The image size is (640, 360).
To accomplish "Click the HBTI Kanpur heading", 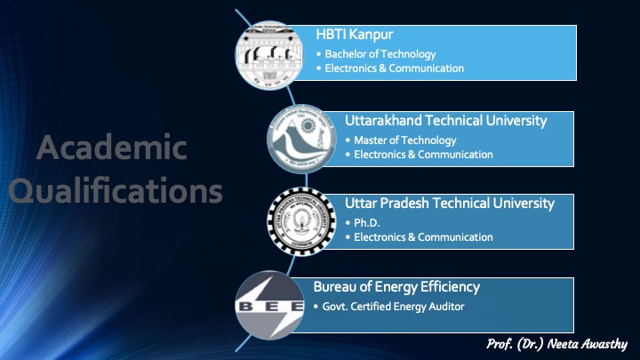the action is coord(355,35).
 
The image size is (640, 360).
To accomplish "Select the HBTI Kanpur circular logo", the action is coord(269,55).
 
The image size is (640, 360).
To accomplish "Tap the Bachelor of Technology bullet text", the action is coord(380,54).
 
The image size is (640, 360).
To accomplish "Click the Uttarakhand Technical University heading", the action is coord(445,121).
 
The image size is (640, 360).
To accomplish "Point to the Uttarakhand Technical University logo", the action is coord(301,139).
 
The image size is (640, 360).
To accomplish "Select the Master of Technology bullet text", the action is coord(405,140).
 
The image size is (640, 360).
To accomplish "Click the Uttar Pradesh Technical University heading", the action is coord(450,204).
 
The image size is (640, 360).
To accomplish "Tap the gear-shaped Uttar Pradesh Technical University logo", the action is coord(301,221).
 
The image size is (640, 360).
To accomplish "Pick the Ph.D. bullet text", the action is coord(367,223).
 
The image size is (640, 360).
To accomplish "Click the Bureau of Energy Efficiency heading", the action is coord(396,287).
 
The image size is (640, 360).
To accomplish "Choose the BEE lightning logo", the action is coord(270,305).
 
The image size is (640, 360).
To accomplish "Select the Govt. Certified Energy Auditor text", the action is coord(394,307).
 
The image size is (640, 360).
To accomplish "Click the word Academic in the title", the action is coord(111,148).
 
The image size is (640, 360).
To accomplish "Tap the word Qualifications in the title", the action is coord(116,190).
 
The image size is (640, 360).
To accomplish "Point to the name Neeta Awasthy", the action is coord(587,344).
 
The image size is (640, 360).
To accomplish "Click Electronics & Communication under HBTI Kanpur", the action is coord(395,68).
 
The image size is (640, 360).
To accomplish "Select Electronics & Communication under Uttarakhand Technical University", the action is coord(423,155).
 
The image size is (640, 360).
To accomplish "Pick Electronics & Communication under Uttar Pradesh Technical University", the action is coord(423,237).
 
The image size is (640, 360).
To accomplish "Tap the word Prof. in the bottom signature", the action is coord(500,344).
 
